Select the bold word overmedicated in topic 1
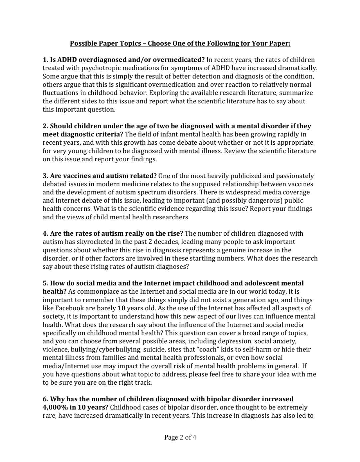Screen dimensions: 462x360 click(x=180, y=60)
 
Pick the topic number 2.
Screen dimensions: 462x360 click(x=45, y=126)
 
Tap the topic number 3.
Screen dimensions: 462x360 click(x=45, y=176)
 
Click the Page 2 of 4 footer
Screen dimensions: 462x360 click(x=180, y=437)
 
